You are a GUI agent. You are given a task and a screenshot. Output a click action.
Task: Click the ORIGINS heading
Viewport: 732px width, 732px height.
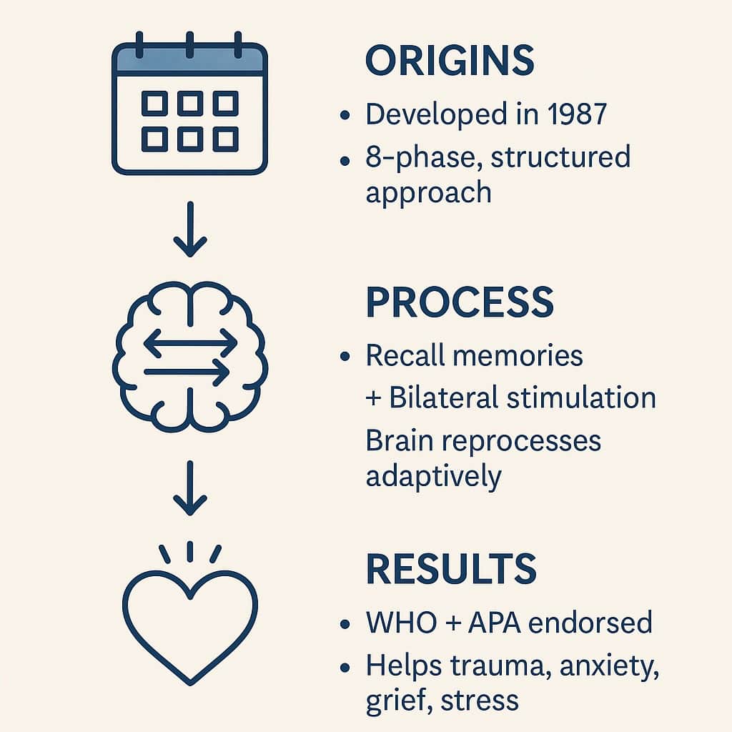[x=450, y=62]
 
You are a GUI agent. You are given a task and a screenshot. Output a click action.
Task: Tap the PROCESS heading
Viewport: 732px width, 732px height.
[x=460, y=303]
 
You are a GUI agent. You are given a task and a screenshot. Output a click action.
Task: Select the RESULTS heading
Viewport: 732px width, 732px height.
[x=451, y=569]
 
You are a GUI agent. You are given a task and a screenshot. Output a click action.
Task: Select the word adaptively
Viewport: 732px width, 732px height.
[x=433, y=475]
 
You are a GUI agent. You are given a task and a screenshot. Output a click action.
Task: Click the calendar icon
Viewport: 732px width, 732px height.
[x=189, y=107]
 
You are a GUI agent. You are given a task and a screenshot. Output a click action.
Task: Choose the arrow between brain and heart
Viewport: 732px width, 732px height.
[x=189, y=488]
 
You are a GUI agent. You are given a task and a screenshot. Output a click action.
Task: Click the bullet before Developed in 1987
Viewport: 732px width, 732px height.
[x=347, y=115]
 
